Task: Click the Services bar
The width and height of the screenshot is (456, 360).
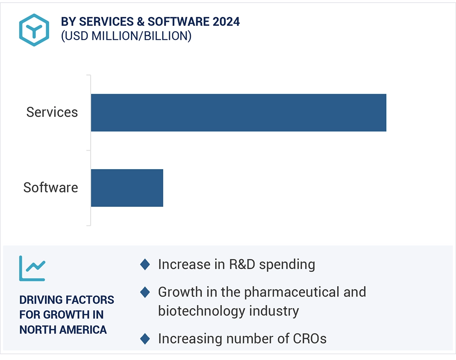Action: click(239, 113)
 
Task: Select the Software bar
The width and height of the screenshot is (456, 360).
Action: click(127, 188)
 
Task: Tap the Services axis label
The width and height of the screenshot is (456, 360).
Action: click(52, 113)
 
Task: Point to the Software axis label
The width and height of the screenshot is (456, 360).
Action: click(51, 188)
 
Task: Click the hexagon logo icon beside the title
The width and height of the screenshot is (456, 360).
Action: click(34, 30)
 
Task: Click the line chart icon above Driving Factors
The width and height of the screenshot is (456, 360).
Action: click(32, 268)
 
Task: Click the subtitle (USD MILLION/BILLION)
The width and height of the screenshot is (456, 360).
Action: click(126, 36)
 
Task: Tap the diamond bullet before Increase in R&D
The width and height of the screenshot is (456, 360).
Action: click(145, 265)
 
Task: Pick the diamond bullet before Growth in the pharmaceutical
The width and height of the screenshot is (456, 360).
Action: click(145, 292)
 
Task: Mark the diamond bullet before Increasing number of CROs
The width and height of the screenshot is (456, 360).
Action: click(145, 339)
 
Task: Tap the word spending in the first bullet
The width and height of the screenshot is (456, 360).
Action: click(287, 265)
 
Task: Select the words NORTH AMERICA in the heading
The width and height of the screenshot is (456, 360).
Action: click(63, 330)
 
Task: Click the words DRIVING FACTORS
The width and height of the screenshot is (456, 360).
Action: click(67, 300)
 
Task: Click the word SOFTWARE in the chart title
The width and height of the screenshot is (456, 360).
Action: click(177, 22)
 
